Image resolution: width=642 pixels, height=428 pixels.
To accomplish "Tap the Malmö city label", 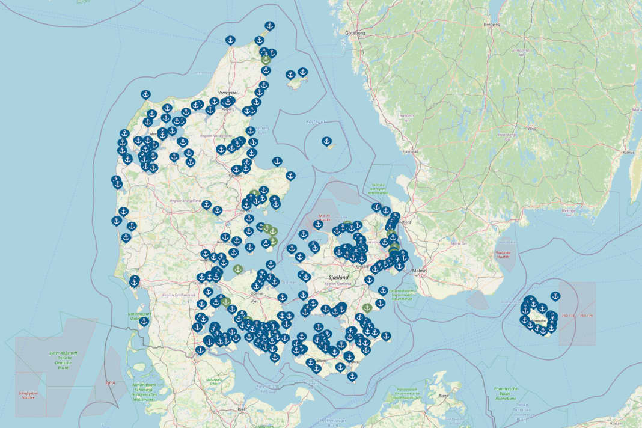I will (419, 271).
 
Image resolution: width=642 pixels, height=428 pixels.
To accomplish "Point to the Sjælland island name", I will (340, 278).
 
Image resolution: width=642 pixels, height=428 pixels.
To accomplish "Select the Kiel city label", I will (242, 409).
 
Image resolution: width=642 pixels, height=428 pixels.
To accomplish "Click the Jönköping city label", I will (492, 25).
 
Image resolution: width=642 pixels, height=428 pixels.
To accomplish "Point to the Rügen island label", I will (444, 395).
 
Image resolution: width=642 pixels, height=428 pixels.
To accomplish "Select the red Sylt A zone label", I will (110, 382).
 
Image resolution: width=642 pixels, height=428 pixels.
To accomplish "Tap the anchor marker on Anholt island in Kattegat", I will (327, 142).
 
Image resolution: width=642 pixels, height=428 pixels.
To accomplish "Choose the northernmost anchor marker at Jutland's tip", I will (269, 26).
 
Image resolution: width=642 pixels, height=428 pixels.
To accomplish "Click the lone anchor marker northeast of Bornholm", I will (555, 296).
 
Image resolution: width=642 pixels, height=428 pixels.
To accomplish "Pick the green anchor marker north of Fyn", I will (238, 269).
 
